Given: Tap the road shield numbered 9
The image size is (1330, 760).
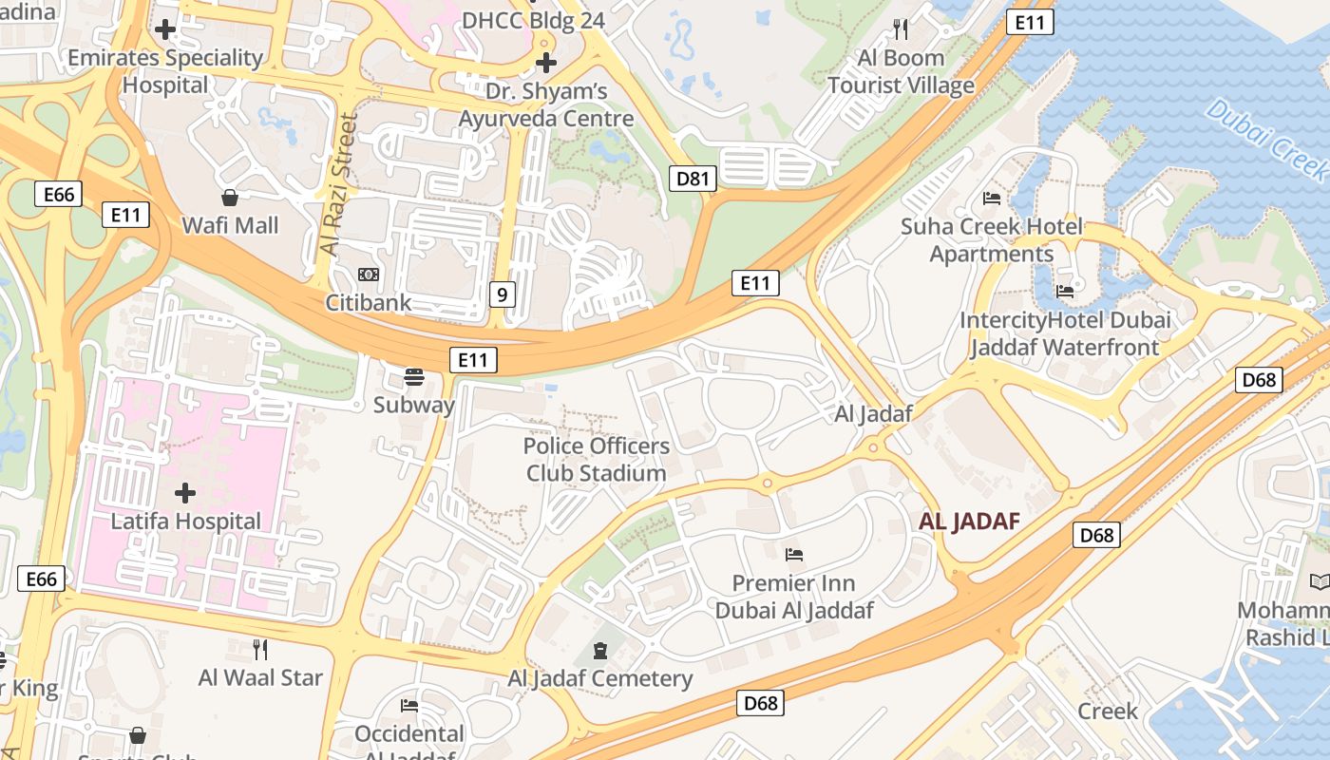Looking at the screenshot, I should (x=503, y=294).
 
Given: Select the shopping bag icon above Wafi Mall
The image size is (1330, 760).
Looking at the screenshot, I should (x=230, y=198).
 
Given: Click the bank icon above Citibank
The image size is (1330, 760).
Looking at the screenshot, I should (x=368, y=275).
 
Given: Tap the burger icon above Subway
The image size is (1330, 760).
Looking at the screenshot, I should (x=413, y=376).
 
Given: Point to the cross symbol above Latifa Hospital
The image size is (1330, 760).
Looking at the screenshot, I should (x=185, y=492).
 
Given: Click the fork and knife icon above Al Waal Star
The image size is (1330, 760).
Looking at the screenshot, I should (x=259, y=649).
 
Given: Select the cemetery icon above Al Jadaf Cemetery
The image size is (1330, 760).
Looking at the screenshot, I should (x=600, y=651).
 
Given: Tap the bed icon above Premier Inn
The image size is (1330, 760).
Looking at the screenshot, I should (x=794, y=554).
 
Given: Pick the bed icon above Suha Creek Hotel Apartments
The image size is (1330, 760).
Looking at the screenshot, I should (x=992, y=199).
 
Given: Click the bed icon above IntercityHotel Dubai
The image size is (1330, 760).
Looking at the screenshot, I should (x=1065, y=291).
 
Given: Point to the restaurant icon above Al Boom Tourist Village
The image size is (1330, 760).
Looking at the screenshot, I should (x=901, y=29).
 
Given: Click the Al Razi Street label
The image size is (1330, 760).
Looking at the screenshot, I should (x=339, y=185).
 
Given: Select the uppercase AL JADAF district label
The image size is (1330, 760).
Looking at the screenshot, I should (x=969, y=522).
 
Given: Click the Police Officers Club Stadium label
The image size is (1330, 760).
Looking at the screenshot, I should (x=597, y=459).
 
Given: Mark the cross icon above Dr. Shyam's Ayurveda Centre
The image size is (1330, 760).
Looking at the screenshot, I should (x=546, y=63).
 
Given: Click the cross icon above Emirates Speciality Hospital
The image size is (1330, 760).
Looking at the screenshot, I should (x=165, y=29).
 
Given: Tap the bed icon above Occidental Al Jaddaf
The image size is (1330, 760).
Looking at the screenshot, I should (x=409, y=705).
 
